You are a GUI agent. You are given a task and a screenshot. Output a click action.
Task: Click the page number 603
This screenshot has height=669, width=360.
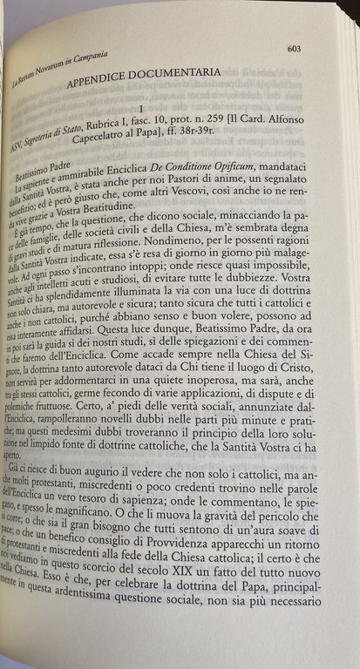294,49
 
